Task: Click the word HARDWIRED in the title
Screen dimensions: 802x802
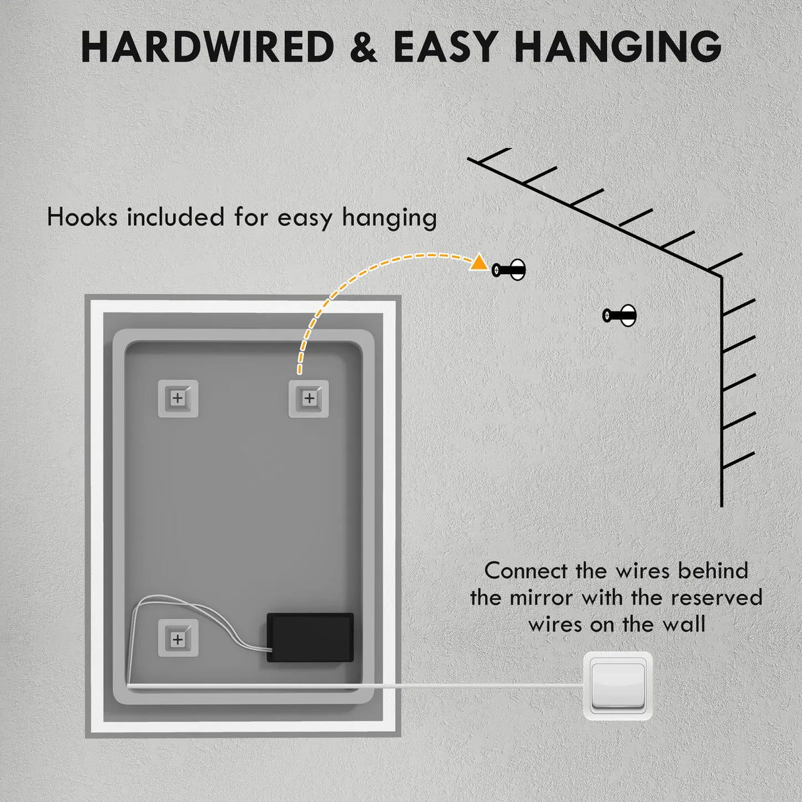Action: [x=207, y=47]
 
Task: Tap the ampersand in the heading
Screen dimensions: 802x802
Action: [x=364, y=47]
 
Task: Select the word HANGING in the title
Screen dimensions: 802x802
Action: [x=618, y=47]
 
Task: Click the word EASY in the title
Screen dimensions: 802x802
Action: [x=445, y=47]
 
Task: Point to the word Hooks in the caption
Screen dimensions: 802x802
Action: [x=82, y=217]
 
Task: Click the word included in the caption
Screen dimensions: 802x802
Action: [x=176, y=217]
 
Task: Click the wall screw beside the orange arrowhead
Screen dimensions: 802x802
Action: [x=509, y=270]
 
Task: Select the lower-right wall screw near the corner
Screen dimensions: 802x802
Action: [x=620, y=315]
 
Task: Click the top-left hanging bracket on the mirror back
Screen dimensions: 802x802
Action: [x=178, y=398]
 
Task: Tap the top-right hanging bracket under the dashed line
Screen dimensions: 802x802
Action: [x=309, y=398]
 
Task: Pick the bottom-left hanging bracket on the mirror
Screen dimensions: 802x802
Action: [x=178, y=639]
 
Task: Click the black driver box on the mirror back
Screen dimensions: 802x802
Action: [x=310, y=638]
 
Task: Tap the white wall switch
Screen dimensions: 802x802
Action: [x=618, y=686]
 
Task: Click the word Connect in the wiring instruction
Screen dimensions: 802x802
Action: [x=526, y=571]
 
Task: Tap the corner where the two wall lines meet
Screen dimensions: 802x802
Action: [x=721, y=276]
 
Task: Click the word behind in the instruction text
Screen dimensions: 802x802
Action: [x=713, y=571]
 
